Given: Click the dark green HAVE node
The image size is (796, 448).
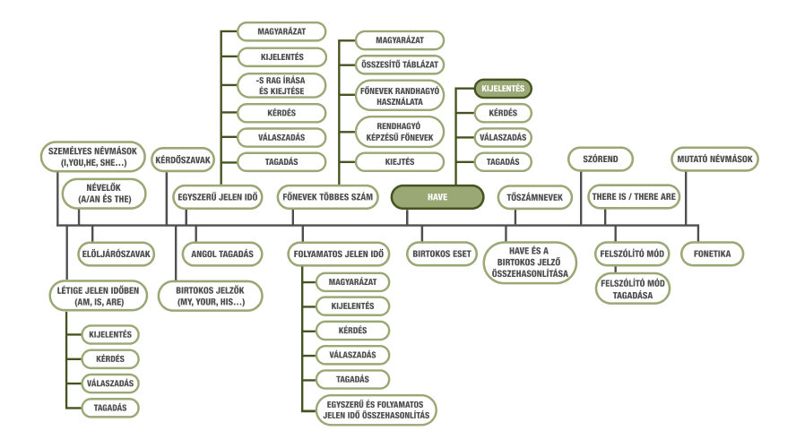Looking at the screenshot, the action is tap(437, 197).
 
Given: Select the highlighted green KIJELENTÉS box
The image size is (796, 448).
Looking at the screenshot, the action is tap(503, 89).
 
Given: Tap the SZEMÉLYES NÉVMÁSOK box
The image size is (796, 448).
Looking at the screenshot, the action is tap(92, 157).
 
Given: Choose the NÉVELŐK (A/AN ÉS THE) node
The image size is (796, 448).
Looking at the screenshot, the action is tap(104, 194).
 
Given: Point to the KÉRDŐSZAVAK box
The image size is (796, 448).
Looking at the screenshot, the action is tap(183, 159).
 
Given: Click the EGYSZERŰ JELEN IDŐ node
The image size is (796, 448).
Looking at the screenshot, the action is tap(217, 197).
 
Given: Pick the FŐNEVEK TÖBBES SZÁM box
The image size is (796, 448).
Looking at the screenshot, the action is tap(327, 197).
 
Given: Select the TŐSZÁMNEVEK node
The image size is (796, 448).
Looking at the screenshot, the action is tap(534, 197).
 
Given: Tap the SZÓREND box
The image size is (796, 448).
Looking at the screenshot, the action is tap(600, 159).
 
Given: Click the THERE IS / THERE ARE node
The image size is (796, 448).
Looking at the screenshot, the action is tap(634, 197).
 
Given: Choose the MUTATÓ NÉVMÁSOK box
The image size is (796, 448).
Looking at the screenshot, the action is tap(714, 159).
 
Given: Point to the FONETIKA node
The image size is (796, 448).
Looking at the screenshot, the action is tap(712, 254).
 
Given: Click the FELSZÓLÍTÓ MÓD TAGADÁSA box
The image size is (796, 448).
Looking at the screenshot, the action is tap(633, 289).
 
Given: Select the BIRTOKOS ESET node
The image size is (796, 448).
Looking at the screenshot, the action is tap(442, 254).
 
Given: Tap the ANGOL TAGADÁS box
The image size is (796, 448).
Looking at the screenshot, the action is tap(221, 254).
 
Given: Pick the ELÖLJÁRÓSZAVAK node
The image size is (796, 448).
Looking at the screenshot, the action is tap(117, 254).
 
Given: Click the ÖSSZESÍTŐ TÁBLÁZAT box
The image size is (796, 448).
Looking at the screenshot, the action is tap(400, 65).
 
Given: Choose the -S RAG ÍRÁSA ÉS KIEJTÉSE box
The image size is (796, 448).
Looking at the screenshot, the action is tap(281, 86).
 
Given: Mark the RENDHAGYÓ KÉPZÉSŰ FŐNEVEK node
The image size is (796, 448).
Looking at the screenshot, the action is tap(400, 132).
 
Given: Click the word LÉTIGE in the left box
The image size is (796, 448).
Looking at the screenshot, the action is tap(71, 290).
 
